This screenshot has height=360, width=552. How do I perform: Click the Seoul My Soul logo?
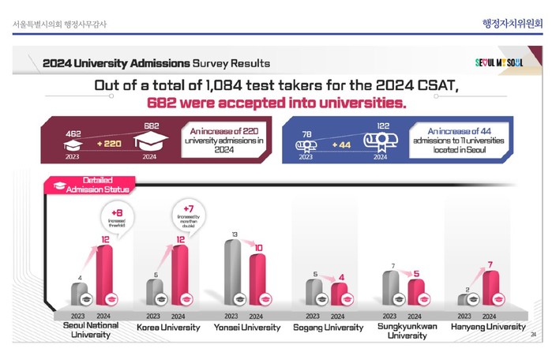(498, 62)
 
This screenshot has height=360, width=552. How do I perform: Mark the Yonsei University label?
(247, 327)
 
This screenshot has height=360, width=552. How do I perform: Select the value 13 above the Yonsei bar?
(234, 234)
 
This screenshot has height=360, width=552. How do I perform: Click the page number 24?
(532, 334)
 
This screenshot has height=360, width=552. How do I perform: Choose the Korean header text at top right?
(513, 23)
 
